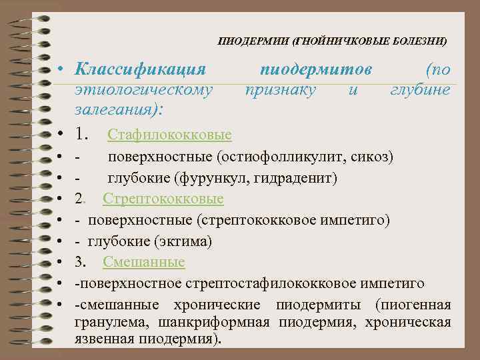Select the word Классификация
pyautogui.click(x=140, y=69)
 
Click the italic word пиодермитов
pyautogui.click(x=315, y=69)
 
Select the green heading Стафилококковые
pyautogui.click(x=169, y=135)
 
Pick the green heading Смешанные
pyautogui.click(x=144, y=262)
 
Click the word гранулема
pyautogui.click(x=113, y=323)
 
